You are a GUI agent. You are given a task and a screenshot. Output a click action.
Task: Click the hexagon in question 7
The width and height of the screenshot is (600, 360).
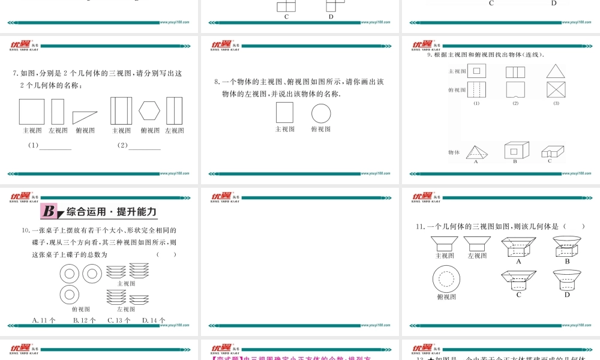tap(150, 111)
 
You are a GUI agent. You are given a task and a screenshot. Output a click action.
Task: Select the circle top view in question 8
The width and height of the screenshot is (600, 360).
tap(321, 113)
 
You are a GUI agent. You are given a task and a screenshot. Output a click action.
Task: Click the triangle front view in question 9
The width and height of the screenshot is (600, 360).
tap(556, 71)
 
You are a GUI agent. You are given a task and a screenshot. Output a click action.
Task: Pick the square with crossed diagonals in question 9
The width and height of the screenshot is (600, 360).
tap(556, 90)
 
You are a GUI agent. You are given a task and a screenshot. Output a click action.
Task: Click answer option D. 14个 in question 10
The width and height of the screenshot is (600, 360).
tap(154, 320)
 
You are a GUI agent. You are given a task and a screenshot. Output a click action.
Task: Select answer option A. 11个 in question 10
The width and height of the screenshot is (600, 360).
tap(44, 320)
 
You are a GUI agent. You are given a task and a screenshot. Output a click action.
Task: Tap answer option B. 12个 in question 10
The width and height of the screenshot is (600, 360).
tap(84, 320)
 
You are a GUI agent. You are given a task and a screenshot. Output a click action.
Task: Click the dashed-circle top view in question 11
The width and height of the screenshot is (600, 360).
tap(446, 278)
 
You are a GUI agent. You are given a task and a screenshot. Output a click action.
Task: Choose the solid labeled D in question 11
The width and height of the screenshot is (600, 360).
tap(566, 280)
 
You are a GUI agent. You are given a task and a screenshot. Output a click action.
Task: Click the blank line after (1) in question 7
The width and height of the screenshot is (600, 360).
tap(55, 147)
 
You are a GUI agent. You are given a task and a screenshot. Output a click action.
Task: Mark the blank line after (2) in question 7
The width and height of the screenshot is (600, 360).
tap(145, 147)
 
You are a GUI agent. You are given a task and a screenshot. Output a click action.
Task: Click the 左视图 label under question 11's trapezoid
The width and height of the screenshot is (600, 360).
tap(477, 256)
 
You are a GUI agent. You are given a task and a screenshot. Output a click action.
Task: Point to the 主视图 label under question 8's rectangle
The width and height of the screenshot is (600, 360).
tap(285, 129)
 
